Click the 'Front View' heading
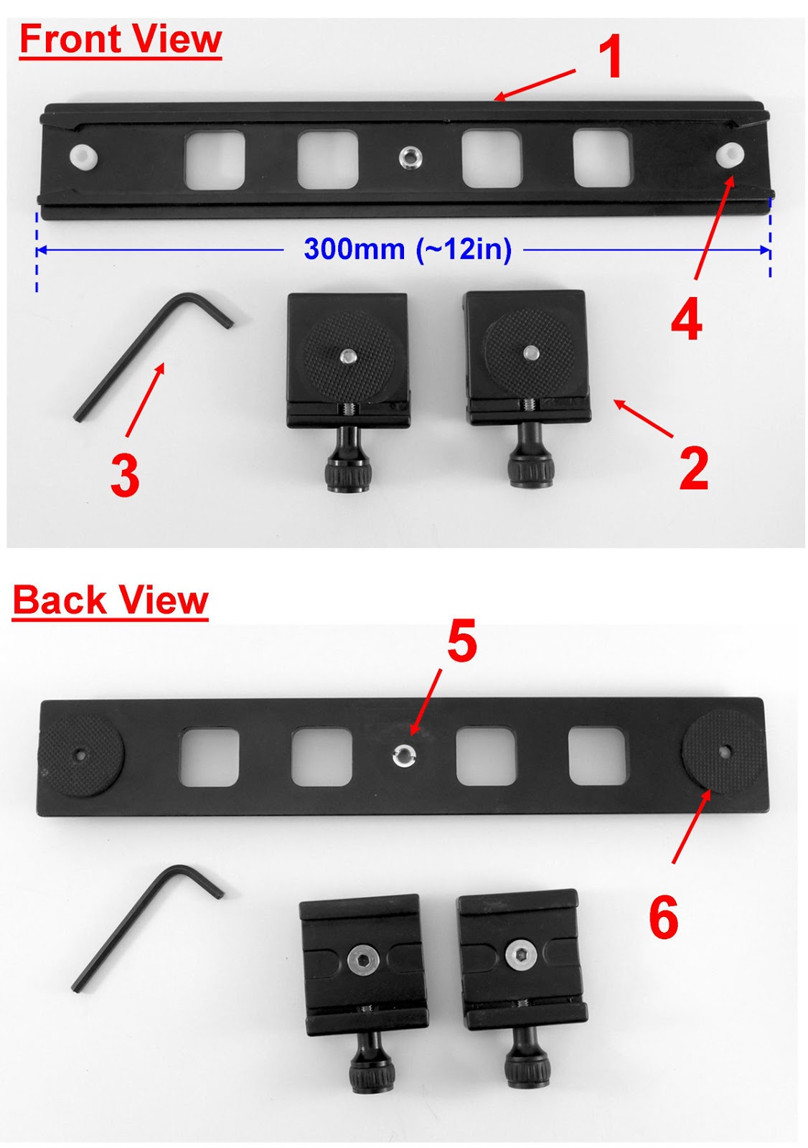tap(121, 40)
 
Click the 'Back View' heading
tap(111, 601)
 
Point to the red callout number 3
tap(125, 476)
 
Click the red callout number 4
tap(686, 320)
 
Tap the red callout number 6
tap(663, 917)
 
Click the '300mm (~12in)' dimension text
tap(408, 249)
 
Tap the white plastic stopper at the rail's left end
tap(83, 156)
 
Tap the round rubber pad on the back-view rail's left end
tap(80, 756)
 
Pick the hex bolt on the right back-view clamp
tap(517, 954)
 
